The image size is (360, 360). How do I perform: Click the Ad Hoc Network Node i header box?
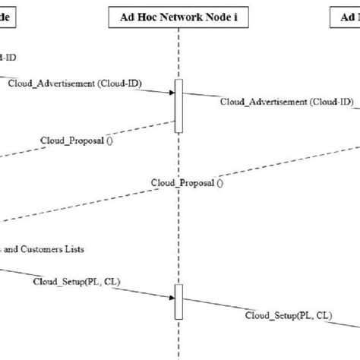[x=178, y=17]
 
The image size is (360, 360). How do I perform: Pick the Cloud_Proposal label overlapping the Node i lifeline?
[x=187, y=182]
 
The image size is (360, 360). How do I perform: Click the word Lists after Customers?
[x=73, y=248]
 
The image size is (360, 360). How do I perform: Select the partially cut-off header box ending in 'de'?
[x=11, y=17]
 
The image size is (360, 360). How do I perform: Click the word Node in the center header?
[x=216, y=17]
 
